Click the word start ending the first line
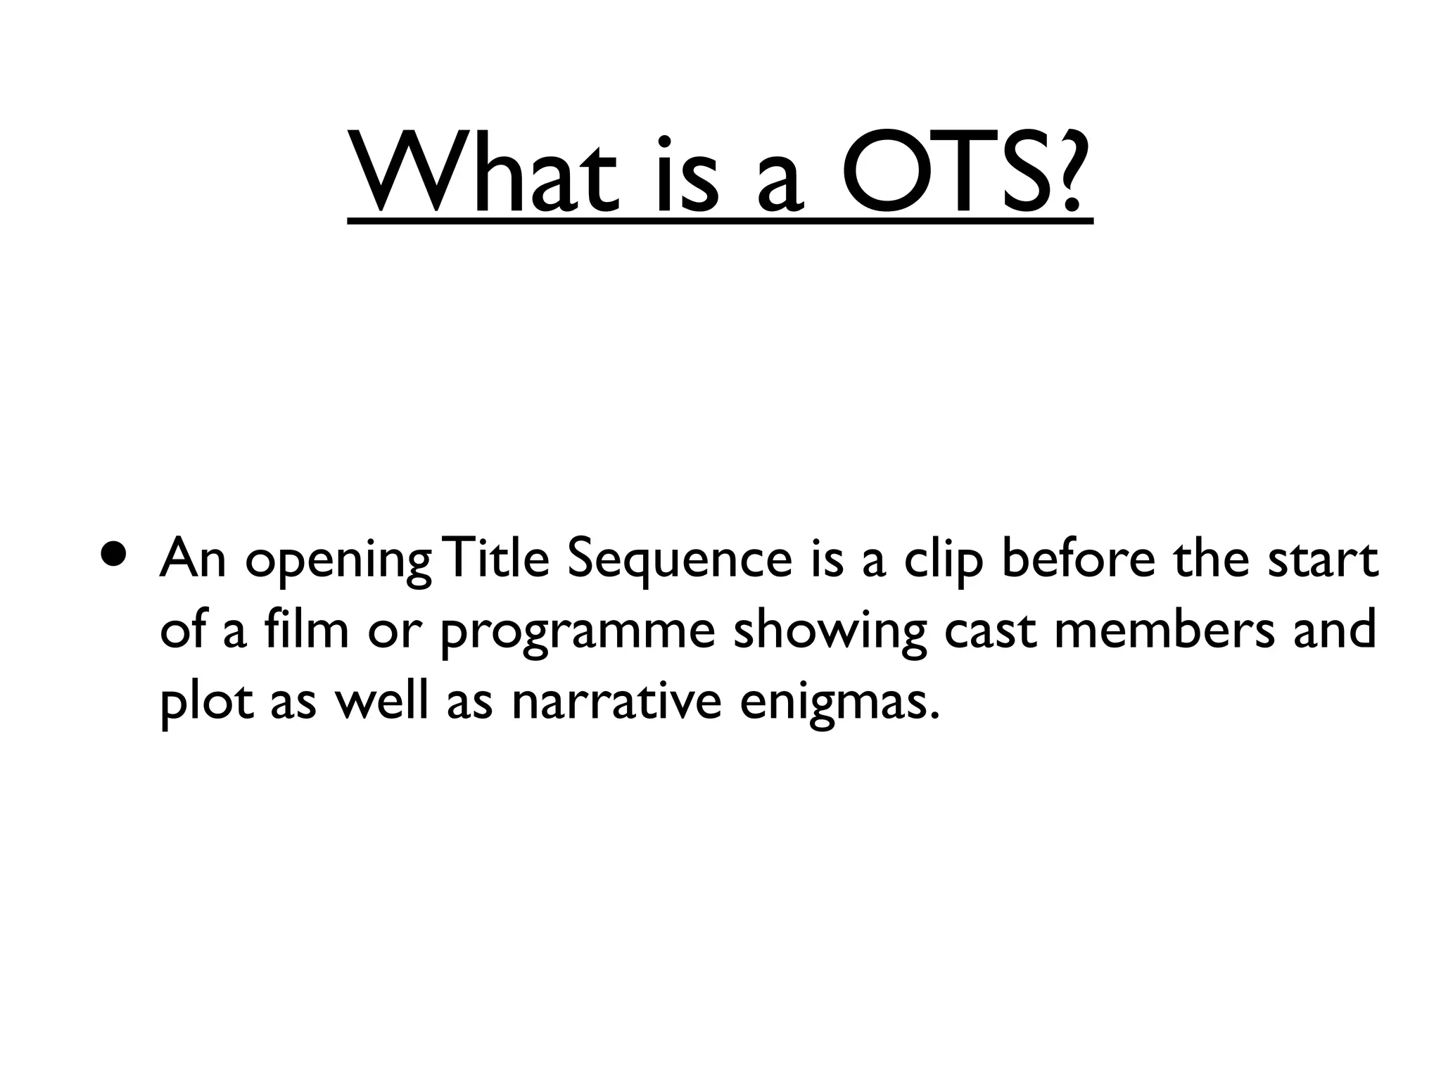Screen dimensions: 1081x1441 [1323, 560]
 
